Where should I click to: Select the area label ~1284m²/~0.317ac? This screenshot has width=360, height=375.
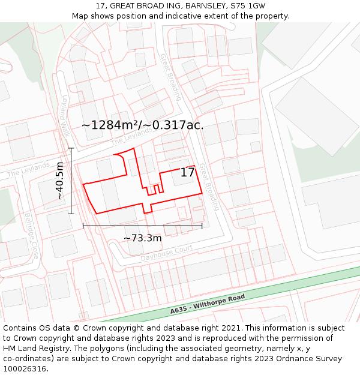[x=143, y=125]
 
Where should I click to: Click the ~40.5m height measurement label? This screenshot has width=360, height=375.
[x=59, y=181]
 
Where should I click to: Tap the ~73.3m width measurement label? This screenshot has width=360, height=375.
[x=143, y=238]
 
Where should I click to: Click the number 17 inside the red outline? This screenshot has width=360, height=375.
[x=187, y=173]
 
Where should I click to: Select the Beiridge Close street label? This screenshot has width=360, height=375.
[x=31, y=235]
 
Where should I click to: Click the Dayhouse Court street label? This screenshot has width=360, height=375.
[x=166, y=253]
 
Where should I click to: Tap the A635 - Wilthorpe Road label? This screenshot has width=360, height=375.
[x=208, y=304]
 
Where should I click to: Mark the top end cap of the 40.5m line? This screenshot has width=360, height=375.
[x=71, y=148]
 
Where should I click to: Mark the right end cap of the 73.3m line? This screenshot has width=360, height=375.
[x=202, y=226]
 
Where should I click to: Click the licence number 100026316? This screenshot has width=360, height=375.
[x=25, y=368]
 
